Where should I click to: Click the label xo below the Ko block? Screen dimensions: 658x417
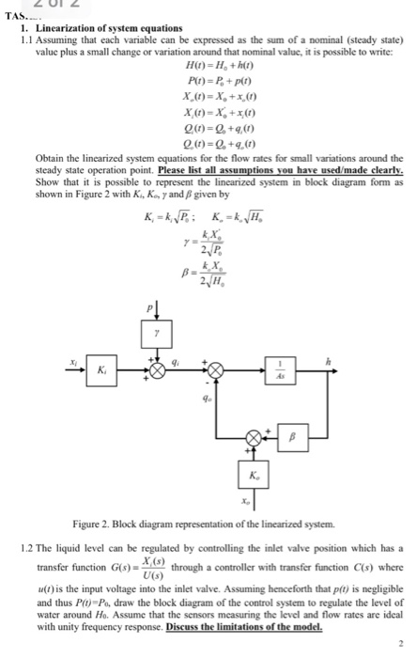(x=248, y=504)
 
